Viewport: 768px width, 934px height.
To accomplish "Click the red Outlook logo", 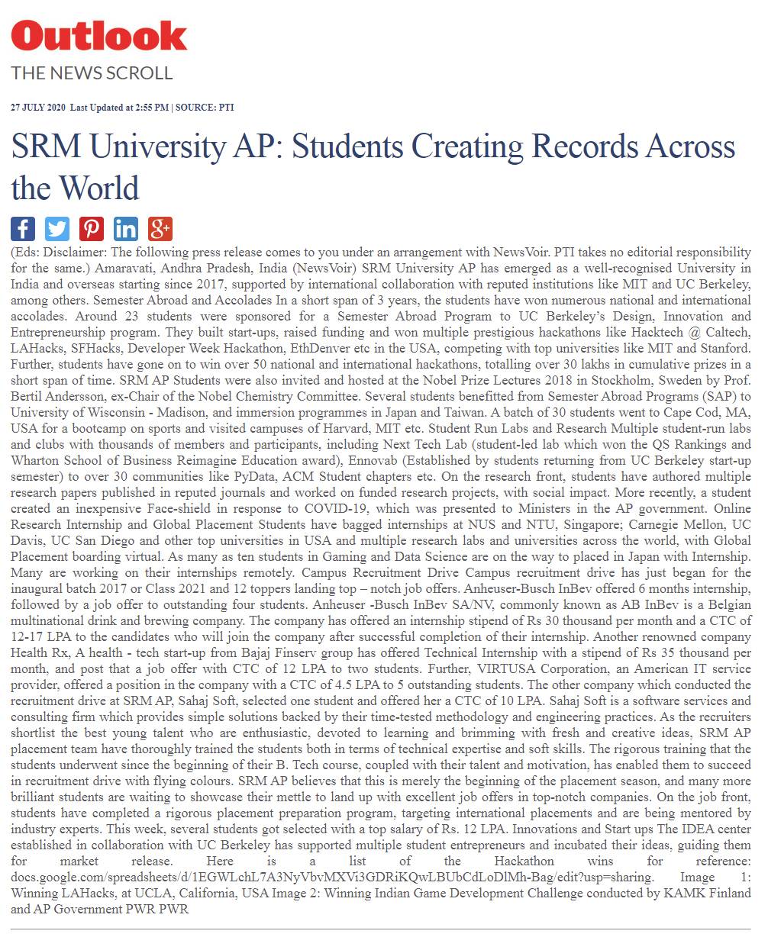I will pos(99,35).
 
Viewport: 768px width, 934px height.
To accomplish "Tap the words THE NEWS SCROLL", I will pos(92,73).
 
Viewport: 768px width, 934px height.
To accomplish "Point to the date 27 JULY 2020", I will pos(37,108).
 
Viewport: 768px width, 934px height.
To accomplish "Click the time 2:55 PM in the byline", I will pos(153,108).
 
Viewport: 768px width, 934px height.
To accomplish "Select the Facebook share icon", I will pos(23,228).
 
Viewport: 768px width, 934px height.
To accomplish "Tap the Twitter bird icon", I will pos(57,228).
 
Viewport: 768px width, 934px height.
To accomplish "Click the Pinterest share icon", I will pos(92,228).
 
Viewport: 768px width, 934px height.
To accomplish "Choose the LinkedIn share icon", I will pos(126,228).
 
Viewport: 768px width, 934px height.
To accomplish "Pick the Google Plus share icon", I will pos(160,228).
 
